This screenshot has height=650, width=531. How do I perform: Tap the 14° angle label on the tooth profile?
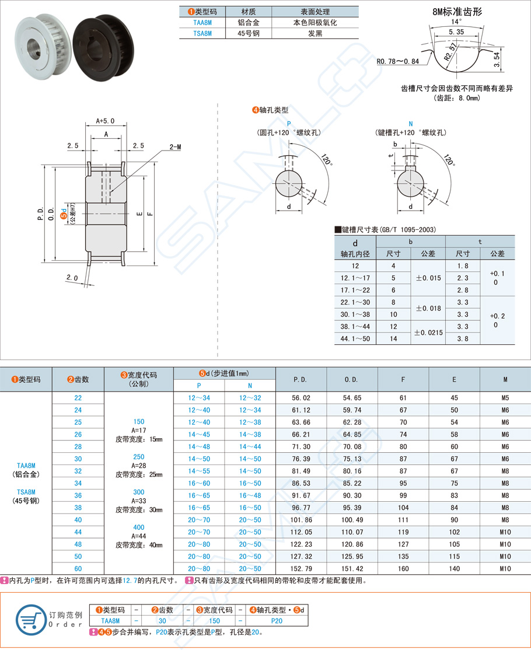point(456,22)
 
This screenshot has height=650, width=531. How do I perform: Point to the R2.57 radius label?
point(449,53)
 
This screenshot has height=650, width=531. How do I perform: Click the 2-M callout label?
point(175,147)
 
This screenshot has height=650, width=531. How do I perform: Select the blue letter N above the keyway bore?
point(411,124)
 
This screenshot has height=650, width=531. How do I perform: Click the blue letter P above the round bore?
point(289,124)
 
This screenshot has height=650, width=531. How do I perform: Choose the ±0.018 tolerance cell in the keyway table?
point(428,308)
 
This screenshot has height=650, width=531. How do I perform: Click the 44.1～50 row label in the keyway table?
point(355,338)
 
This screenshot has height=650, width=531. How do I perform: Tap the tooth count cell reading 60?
point(78,568)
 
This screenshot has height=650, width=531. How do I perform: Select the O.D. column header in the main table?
point(351,379)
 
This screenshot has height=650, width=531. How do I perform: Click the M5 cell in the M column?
point(505,398)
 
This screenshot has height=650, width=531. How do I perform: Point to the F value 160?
point(403,568)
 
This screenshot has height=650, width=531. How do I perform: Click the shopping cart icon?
point(28,618)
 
